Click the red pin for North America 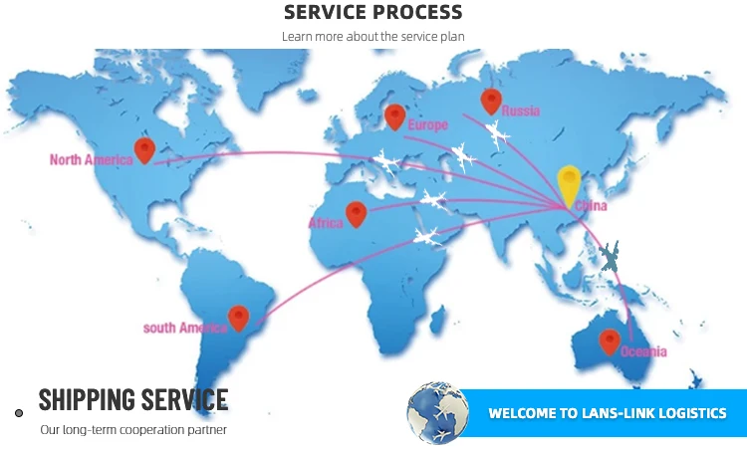tap(145, 149)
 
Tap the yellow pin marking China tap(569, 183)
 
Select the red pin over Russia tap(490, 100)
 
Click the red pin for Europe tap(394, 115)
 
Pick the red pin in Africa tap(356, 212)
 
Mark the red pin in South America tap(238, 317)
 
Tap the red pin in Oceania tap(610, 340)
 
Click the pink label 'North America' tap(91, 159)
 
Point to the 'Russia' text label tap(520, 111)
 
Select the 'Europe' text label tap(428, 125)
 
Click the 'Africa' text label tap(326, 224)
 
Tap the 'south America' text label tap(184, 328)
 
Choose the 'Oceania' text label tap(643, 352)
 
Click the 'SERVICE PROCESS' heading tap(373, 13)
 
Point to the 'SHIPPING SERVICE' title tap(133, 400)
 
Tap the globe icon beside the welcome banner tap(437, 412)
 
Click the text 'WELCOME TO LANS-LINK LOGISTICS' tap(607, 413)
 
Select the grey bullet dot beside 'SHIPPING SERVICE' tap(19, 412)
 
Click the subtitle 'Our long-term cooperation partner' tap(133, 430)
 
